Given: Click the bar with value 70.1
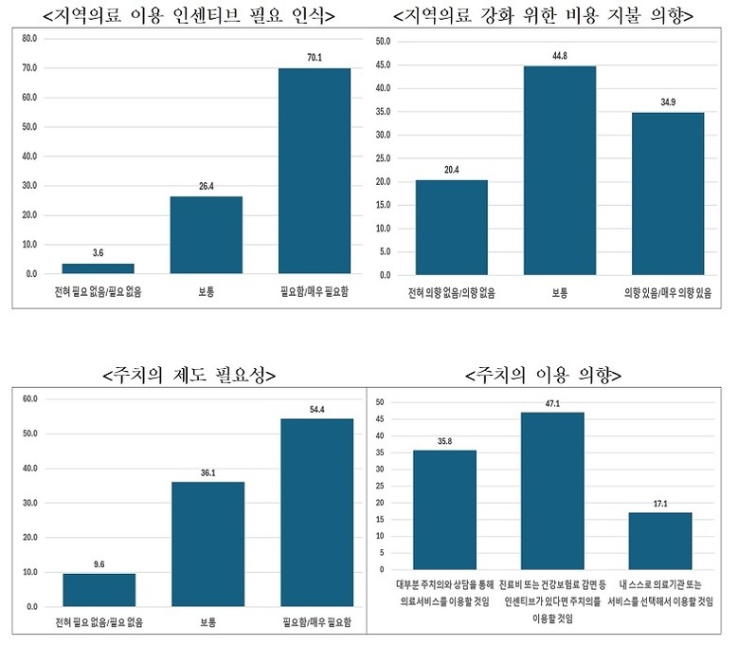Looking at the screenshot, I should pyautogui.click(x=314, y=171).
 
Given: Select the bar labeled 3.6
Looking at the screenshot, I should pyautogui.click(x=99, y=268).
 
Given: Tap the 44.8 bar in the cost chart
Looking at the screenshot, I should pyautogui.click(x=560, y=171).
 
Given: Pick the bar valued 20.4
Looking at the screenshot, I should pyautogui.click(x=451, y=228).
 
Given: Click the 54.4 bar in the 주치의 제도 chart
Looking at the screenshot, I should pyautogui.click(x=316, y=512).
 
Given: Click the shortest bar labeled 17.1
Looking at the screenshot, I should pyautogui.click(x=659, y=541).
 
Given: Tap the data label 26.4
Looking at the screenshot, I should pyautogui.click(x=206, y=187).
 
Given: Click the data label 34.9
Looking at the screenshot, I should pyautogui.click(x=668, y=102).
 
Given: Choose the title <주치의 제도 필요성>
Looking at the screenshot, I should pyautogui.click(x=189, y=375).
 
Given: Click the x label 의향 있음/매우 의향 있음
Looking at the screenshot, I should pyautogui.click(x=668, y=292).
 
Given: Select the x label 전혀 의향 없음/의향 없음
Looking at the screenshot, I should pyautogui.click(x=451, y=292).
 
